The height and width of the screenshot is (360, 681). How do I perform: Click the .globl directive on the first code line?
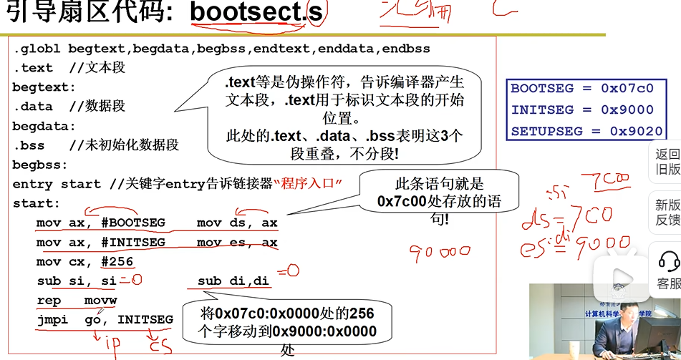(37, 49)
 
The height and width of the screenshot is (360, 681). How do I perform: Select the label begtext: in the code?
(44, 87)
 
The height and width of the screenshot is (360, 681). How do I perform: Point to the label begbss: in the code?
(39, 165)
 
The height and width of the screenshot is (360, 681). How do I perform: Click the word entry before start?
(32, 184)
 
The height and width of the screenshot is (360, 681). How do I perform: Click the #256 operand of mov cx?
(117, 262)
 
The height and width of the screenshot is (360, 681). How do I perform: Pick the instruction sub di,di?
(233, 281)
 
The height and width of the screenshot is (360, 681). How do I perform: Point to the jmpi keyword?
(52, 319)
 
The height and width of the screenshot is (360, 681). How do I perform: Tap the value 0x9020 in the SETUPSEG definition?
(636, 132)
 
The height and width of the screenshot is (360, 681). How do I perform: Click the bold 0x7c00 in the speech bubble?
(402, 202)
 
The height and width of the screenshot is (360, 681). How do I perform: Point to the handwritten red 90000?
(440, 252)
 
